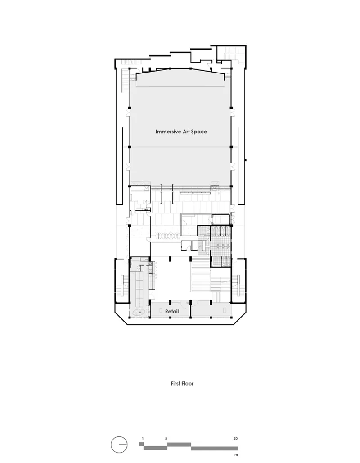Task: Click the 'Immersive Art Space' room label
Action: pos(181,132)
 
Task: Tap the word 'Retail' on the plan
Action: pos(172,312)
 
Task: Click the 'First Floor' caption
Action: pos(182,384)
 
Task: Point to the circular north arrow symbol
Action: pos(119,445)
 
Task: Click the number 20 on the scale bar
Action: pos(235,439)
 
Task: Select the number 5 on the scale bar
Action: pos(166,439)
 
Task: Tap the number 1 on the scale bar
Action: pos(143,439)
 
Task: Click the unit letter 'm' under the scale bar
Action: pos(236,455)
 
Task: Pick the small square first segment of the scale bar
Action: pos(141,444)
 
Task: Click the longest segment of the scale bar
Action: pos(215,449)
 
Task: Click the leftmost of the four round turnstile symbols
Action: pos(158,236)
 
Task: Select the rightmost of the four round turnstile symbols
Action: pos(176,236)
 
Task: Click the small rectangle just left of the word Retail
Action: pos(161,311)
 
